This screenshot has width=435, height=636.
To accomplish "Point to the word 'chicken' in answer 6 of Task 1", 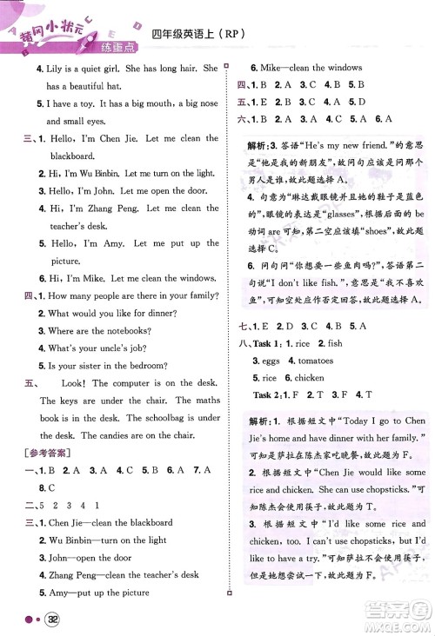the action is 310,378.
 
